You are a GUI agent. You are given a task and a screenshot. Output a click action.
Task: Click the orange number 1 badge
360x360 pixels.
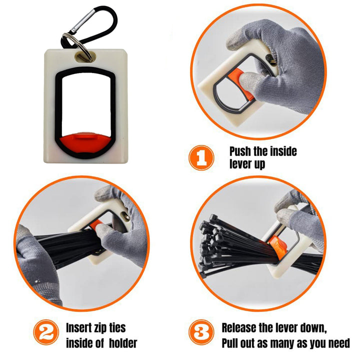coord(201,157)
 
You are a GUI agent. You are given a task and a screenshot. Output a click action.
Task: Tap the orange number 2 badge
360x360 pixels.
coord(46,332)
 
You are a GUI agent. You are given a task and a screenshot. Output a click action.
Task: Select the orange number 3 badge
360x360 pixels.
coord(201,332)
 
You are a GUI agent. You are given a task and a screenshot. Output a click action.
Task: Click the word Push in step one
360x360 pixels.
coord(240,151)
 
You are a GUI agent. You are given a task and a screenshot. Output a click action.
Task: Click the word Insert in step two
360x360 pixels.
coord(79,327)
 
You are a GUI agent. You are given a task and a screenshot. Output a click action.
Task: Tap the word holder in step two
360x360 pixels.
coord(123,343)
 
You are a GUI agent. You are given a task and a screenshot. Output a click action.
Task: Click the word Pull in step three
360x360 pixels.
coord(230,343)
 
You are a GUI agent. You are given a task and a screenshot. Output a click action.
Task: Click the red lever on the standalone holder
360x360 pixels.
coord(85,142)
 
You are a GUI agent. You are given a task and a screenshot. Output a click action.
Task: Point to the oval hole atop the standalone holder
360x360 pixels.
coord(85,56)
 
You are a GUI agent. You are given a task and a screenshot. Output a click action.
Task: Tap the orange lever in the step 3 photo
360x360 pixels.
coord(278,247)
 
